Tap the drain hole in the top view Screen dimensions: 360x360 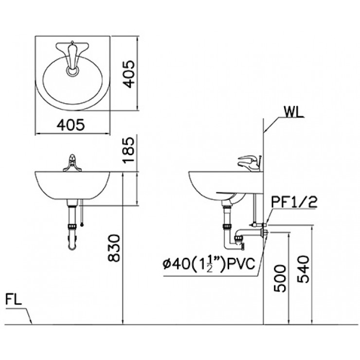click(72, 72)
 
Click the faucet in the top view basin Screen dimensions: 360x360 click(72, 54)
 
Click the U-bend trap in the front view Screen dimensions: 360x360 click(72, 243)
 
